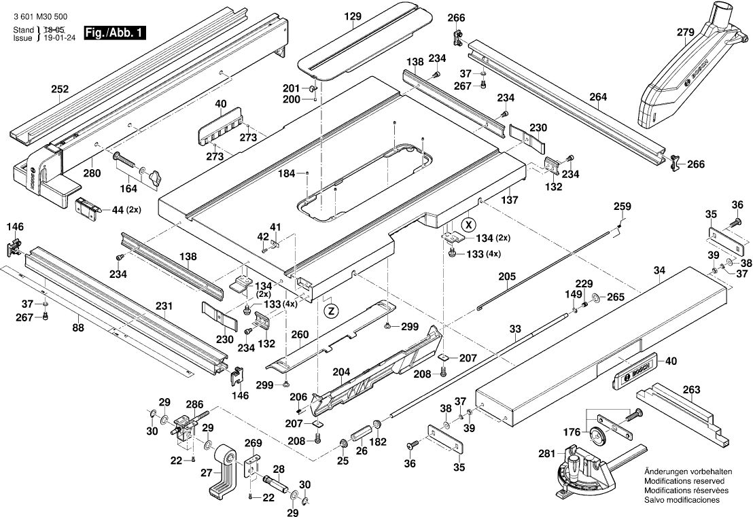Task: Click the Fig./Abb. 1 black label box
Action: click(112, 33)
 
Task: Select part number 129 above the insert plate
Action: click(351, 15)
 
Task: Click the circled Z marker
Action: click(330, 310)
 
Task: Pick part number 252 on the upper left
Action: click(60, 89)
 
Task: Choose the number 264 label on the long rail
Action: click(598, 97)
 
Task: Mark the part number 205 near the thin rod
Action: click(508, 276)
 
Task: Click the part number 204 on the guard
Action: click(341, 372)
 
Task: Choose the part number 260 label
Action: click(300, 334)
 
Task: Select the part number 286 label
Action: click(194, 404)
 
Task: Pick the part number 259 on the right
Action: click(622, 206)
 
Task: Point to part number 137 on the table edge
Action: click(509, 200)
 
